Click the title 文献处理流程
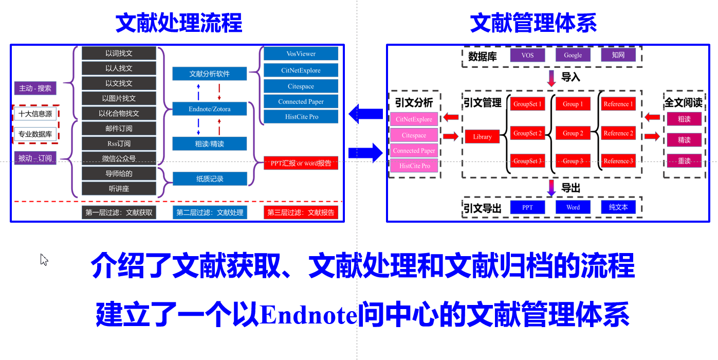(x=178, y=23)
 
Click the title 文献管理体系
(x=533, y=23)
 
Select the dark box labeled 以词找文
(x=119, y=53)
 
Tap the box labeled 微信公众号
(x=119, y=158)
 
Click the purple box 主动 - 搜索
(x=35, y=88)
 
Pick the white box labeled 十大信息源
(x=35, y=114)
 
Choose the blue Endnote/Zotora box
(x=209, y=109)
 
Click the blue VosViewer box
(x=301, y=54)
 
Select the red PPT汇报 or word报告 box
(x=301, y=164)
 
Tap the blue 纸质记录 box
(x=209, y=179)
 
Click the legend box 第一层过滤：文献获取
(x=119, y=212)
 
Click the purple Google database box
(x=573, y=55)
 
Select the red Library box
(x=482, y=137)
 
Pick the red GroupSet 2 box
(x=527, y=133)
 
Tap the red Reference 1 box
(x=618, y=104)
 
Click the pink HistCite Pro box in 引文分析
(x=414, y=166)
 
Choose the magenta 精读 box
(x=684, y=140)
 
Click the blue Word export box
(x=573, y=207)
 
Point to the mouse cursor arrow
(x=44, y=259)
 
